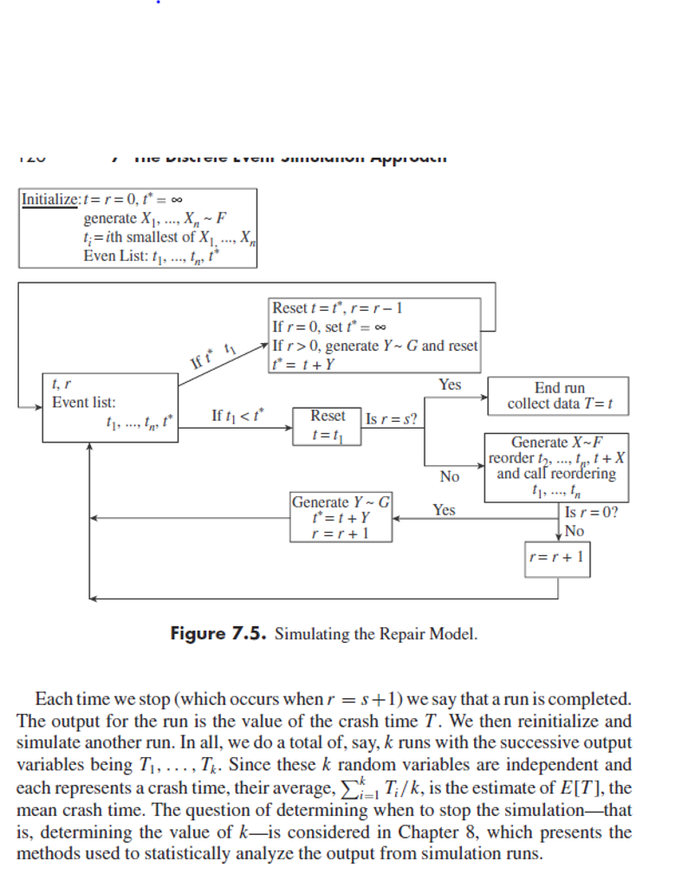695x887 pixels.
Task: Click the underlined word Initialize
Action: point(49,199)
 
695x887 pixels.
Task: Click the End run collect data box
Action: point(559,397)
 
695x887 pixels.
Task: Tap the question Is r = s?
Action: point(393,420)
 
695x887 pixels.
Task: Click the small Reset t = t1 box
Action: point(327,425)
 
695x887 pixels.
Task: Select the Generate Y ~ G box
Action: point(341,517)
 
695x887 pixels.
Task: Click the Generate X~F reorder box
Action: point(556,467)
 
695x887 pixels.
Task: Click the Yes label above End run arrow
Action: point(450,385)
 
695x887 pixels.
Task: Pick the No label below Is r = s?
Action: point(449,476)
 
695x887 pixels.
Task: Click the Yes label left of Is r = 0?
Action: point(444,510)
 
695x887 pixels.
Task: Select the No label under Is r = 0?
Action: point(574,530)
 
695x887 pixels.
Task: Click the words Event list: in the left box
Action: point(84,403)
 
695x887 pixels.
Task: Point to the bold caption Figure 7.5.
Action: point(219,633)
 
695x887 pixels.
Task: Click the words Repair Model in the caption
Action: point(432,634)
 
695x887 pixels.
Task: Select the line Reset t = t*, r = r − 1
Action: point(338,308)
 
